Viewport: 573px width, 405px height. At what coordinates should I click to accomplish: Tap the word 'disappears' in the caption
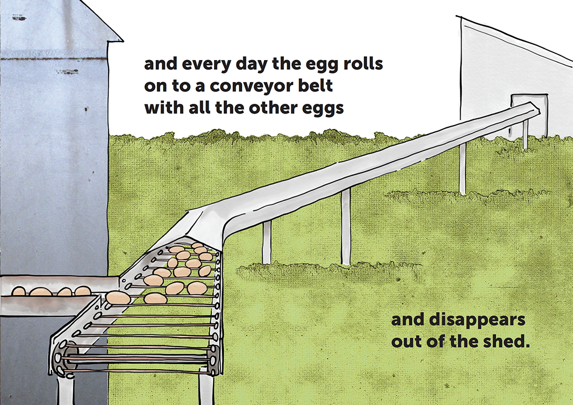pyautogui.click(x=477, y=321)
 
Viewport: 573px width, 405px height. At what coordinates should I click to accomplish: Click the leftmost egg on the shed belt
pyautogui.click(x=18, y=291)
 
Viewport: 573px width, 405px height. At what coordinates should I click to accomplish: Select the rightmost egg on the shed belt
pyautogui.click(x=83, y=291)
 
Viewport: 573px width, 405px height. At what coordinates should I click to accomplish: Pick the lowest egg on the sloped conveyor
pyautogui.click(x=118, y=298)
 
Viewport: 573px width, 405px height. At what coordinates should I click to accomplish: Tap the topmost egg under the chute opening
pyautogui.click(x=197, y=245)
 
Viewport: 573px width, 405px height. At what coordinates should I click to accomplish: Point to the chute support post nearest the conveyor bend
pyautogui.click(x=266, y=243)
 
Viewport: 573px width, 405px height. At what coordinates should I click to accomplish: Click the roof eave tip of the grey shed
pyautogui.click(x=122, y=40)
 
